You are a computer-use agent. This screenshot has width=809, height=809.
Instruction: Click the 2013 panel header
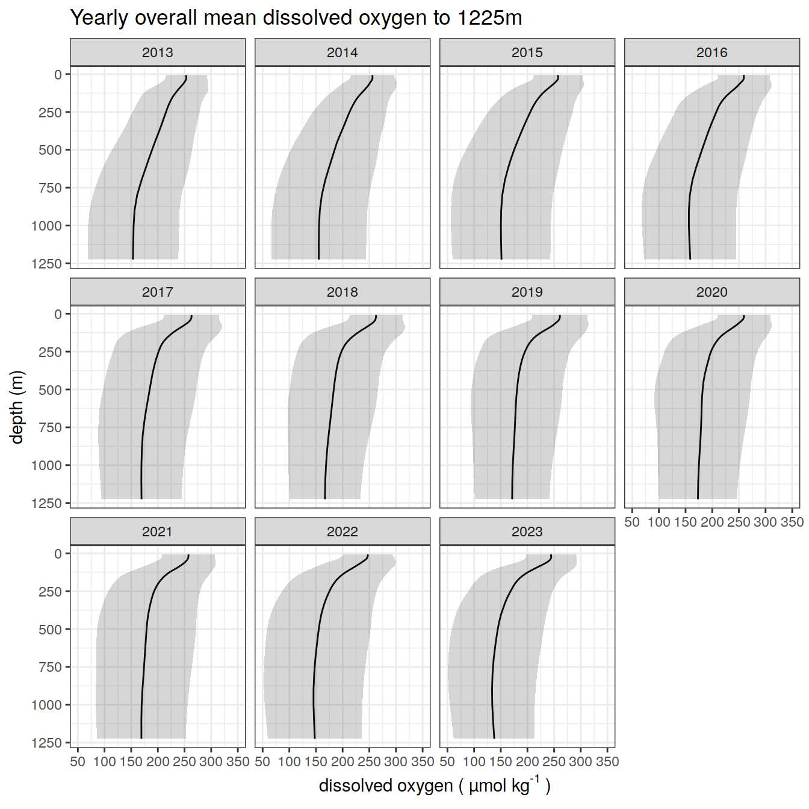[158, 52]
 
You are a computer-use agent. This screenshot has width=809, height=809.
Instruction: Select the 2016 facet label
[712, 52]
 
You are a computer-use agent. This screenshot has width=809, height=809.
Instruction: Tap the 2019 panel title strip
[527, 292]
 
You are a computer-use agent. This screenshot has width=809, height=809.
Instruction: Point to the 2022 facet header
[343, 532]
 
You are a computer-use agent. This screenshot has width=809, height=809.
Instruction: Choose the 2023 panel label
[527, 532]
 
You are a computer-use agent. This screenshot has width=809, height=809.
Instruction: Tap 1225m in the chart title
[489, 18]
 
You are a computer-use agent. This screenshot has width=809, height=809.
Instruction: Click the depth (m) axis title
[17, 408]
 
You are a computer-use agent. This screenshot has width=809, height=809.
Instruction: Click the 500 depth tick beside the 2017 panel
[51, 390]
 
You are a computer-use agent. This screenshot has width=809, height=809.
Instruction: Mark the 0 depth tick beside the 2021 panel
[58, 554]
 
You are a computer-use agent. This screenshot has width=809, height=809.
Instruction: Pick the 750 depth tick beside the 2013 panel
[51, 188]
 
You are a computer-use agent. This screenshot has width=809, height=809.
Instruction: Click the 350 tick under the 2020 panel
[792, 522]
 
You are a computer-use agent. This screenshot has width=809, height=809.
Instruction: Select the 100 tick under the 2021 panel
[104, 761]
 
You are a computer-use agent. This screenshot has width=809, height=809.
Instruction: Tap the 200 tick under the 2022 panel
[343, 761]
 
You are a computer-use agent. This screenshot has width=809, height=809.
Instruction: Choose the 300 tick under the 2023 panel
[581, 761]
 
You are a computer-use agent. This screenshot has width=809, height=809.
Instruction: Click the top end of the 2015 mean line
[558, 76]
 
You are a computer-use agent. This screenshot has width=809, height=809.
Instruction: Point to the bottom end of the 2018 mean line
[325, 498]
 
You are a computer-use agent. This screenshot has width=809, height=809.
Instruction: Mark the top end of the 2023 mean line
[551, 556]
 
